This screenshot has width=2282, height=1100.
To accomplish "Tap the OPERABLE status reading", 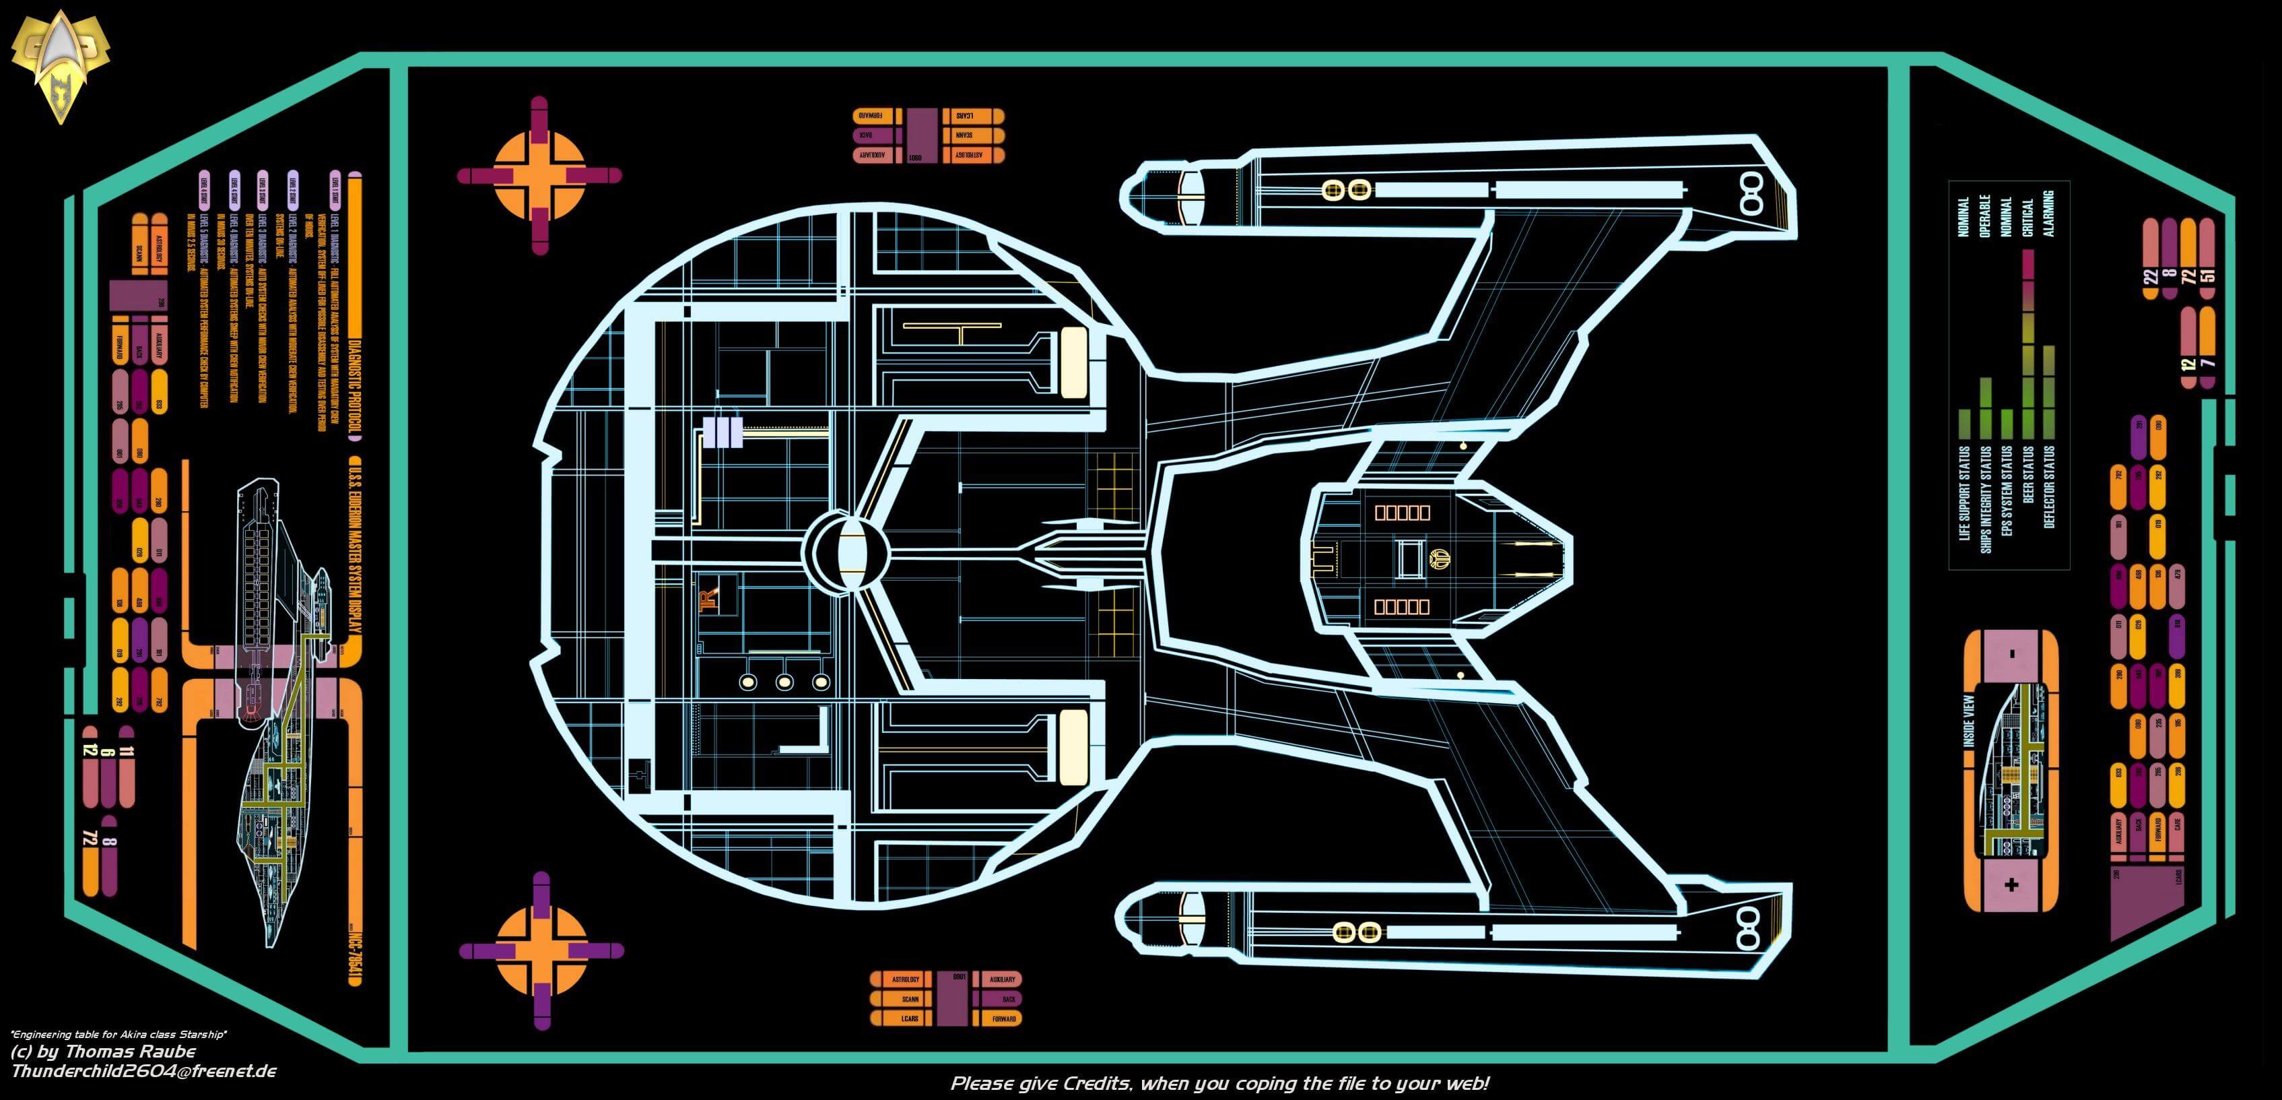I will point(1985,216).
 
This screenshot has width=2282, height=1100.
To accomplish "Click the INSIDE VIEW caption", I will point(1970,719).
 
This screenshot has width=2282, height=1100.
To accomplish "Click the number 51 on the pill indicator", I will point(2207,273).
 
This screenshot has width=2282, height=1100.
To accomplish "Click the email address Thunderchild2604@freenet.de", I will point(143,1072).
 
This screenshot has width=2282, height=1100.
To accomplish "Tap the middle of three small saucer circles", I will point(784,682).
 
